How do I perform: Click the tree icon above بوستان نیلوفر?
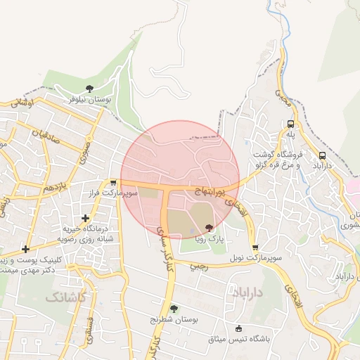point(89,89)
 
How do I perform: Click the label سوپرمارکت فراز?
point(112,192)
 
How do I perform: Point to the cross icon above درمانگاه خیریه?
point(85,218)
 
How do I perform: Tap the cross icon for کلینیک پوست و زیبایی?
point(26,249)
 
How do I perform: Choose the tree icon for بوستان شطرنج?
point(174,308)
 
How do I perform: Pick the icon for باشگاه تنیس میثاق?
point(238,328)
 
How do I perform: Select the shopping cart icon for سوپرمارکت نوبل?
point(255,247)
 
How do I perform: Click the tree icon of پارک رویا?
point(208,227)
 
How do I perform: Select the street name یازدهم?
point(54,188)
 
